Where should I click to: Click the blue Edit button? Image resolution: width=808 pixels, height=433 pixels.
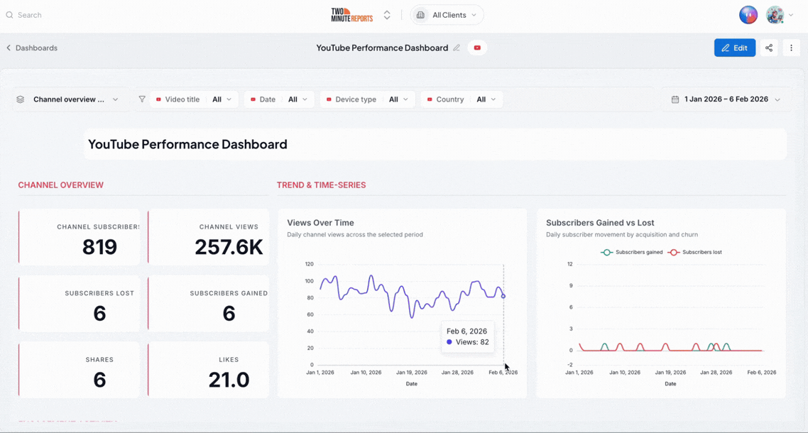click(735, 48)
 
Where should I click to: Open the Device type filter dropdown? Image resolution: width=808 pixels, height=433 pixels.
click(367, 99)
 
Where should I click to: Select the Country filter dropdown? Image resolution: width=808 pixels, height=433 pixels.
click(462, 99)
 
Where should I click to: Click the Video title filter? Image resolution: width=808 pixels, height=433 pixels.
click(194, 99)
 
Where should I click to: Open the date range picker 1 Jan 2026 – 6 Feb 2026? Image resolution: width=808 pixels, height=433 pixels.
click(726, 99)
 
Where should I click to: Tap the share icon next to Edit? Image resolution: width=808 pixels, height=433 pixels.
click(769, 48)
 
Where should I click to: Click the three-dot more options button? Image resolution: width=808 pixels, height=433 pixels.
click(792, 48)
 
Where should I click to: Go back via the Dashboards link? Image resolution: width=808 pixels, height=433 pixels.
click(32, 48)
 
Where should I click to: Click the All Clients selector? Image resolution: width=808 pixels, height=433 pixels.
click(447, 15)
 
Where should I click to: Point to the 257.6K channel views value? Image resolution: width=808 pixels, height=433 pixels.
click(229, 248)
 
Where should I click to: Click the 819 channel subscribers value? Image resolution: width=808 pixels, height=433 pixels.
click(99, 248)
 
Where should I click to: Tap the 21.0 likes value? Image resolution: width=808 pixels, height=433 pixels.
click(229, 380)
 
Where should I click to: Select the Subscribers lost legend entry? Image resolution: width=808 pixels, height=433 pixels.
click(694, 253)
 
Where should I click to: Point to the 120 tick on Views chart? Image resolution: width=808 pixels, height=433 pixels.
click(309, 264)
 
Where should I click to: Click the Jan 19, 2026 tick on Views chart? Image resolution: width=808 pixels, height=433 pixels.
click(411, 372)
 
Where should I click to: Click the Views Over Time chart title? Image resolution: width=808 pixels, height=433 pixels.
click(320, 223)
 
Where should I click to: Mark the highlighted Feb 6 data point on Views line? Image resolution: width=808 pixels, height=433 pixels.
click(503, 297)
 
